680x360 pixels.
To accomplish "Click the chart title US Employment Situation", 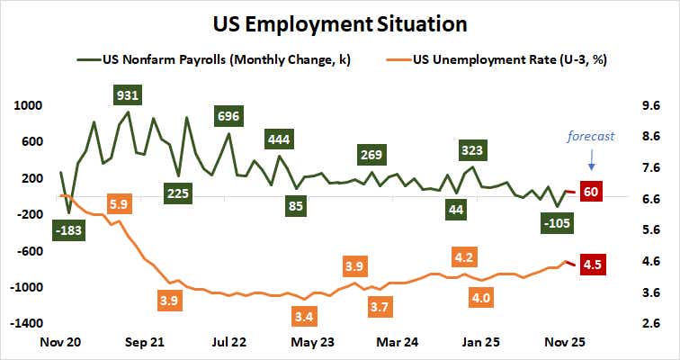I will tap(340, 21).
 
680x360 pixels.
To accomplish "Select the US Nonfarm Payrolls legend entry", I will tap(207, 61).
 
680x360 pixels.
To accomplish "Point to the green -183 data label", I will tap(67, 231).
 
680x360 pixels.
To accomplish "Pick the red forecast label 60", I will tap(591, 191).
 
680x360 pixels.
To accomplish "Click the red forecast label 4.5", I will tap(593, 265).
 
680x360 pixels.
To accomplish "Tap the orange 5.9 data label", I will tap(118, 203).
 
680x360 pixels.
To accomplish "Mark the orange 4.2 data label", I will tap(465, 257).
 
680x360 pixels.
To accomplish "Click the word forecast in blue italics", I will tap(590, 137).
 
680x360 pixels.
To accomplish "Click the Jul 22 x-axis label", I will tap(229, 343).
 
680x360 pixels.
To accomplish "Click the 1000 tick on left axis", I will tap(30, 104).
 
